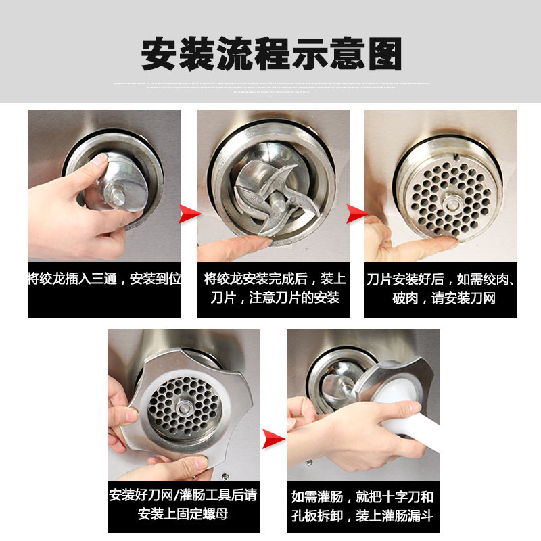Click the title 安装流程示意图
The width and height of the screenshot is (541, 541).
(271, 53)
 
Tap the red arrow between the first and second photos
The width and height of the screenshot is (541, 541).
(190, 214)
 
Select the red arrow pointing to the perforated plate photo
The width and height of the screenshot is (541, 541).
(357, 214)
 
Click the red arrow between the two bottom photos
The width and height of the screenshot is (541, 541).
(274, 439)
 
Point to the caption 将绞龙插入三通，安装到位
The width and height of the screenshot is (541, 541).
(104, 279)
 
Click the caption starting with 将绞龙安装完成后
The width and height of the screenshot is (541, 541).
(275, 288)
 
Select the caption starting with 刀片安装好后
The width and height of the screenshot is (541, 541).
(441, 289)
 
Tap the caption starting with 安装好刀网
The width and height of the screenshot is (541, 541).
(183, 504)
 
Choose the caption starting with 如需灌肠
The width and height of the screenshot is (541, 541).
(362, 506)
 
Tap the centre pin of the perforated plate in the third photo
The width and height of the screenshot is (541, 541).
(451, 204)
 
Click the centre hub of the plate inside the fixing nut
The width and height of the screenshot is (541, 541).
(183, 408)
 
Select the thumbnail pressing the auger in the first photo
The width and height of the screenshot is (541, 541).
(99, 160)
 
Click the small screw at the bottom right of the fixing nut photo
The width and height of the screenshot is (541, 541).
(225, 477)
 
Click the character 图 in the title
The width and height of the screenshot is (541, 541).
(384, 54)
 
